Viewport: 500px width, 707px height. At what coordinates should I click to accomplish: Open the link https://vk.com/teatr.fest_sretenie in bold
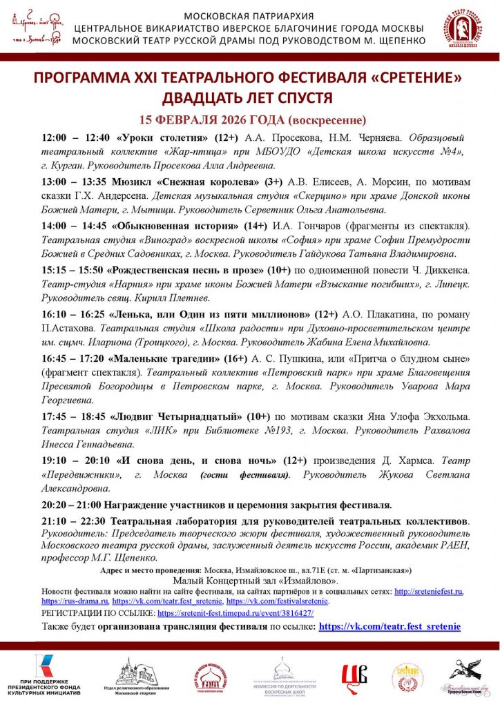(x=390, y=627)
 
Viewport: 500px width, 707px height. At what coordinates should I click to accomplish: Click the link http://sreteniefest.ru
(x=428, y=592)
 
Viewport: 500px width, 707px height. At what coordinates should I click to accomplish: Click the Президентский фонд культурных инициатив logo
(x=46, y=677)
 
